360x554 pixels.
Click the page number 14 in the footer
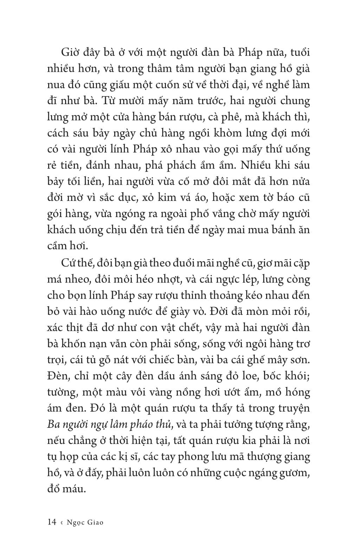(52, 522)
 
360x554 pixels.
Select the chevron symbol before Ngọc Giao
(62, 522)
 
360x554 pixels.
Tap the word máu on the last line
(75, 489)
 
